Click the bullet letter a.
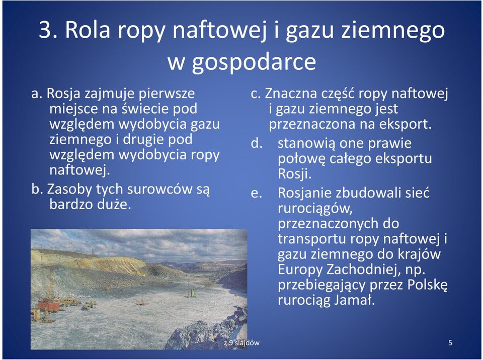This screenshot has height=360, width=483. (x=37, y=94)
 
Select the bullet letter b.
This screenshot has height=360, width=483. (x=37, y=189)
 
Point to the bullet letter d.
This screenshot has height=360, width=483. (x=257, y=143)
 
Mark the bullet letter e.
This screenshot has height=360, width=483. (x=256, y=194)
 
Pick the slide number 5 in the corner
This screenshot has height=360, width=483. (x=450, y=343)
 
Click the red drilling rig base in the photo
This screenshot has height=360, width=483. (x=49, y=305)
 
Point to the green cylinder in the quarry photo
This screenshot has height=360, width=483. (x=193, y=292)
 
